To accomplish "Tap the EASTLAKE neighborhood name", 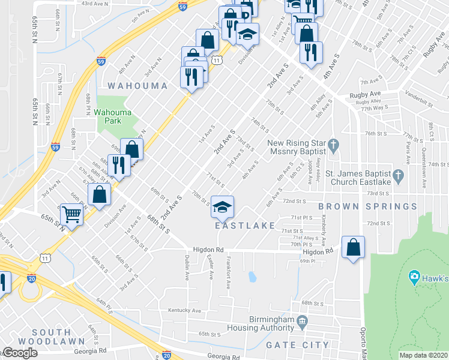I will [245, 226].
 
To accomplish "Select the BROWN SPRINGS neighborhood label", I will [368, 206].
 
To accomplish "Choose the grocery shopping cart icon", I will [71, 213].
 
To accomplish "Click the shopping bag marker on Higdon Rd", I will [354, 246].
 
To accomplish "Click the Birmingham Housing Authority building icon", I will [303, 320].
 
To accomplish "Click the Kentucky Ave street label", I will [184, 311].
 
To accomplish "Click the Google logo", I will [19, 353].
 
